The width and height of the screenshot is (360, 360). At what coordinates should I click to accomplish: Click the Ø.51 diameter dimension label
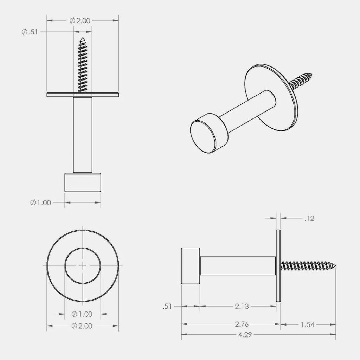click(x=30, y=32)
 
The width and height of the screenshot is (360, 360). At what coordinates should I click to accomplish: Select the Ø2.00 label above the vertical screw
click(x=80, y=21)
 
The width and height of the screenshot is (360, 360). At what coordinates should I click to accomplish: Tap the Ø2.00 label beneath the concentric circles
click(x=82, y=326)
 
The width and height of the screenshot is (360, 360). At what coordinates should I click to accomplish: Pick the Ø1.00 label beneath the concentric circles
click(x=82, y=314)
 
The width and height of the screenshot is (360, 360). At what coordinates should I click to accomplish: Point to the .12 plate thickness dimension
click(x=309, y=219)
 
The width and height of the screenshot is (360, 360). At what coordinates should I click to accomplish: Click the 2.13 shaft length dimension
click(x=242, y=307)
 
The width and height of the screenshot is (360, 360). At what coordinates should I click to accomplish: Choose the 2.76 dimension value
click(x=242, y=324)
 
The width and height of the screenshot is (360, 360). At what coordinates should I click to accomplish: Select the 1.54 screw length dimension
click(x=307, y=324)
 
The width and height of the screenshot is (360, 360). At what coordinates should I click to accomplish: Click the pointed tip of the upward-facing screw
click(x=83, y=39)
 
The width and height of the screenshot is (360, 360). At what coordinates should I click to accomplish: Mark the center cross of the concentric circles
click(x=83, y=266)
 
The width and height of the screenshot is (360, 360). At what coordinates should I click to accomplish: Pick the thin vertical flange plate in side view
click(x=278, y=266)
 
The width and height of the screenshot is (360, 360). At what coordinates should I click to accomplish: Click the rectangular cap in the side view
click(x=191, y=265)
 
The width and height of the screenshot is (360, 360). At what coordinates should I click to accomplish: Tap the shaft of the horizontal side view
click(x=238, y=265)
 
